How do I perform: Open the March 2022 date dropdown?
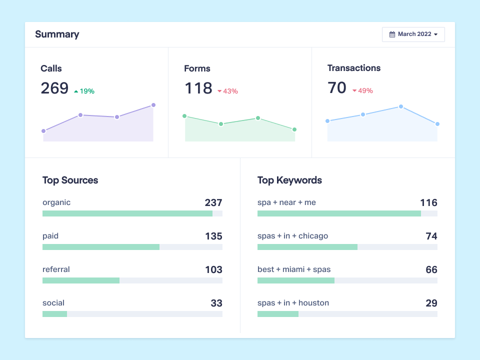pos(413,34)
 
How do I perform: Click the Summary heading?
pos(57,34)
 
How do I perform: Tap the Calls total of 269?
pos(54,88)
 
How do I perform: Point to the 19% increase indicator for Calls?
pos(84,91)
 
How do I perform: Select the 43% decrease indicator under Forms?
pos(227,91)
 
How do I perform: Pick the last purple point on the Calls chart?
pos(153,105)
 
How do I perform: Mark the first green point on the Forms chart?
pos(184,116)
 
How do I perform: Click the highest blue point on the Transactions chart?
pos(401,106)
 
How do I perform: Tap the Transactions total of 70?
pos(337,88)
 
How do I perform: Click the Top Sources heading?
pos(70,180)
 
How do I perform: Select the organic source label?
pos(56,202)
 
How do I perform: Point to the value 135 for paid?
pos(213,236)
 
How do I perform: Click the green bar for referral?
pos(81,280)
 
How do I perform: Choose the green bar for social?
pos(54,314)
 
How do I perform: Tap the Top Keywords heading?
pos(289,180)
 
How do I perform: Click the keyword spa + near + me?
pos(286,202)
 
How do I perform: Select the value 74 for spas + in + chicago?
pos(431,236)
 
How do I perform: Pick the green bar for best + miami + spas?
pos(296,280)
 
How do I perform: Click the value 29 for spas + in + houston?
pos(431,303)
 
